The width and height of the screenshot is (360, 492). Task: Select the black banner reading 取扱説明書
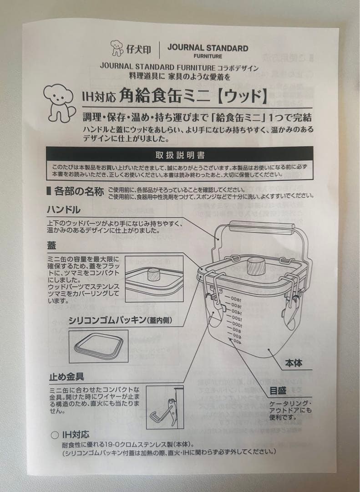pos(179,155)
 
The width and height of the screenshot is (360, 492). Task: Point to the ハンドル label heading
pos(64,210)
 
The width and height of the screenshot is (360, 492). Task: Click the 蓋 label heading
pos(51,246)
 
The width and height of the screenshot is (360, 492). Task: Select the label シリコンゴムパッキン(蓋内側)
pos(120,320)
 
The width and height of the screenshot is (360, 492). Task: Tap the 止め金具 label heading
pos(66,377)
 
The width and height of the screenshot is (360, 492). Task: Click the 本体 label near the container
pos(294,363)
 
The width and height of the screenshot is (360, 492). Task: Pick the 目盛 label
pos(278,390)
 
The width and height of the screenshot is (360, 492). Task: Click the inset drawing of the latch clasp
pos(165,407)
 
